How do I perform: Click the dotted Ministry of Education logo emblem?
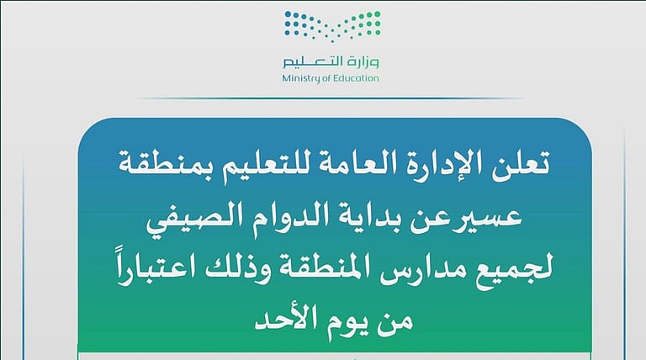click(331, 26)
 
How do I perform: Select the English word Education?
click(356, 78)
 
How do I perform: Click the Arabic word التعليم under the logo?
click(313, 62)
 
